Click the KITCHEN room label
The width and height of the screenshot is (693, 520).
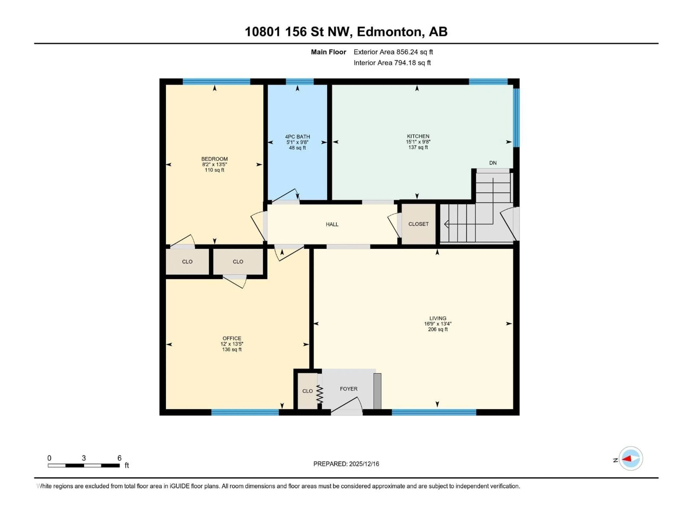tap(418, 136)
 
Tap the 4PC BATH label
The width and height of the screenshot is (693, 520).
tap(297, 137)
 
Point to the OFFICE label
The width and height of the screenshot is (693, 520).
tap(232, 338)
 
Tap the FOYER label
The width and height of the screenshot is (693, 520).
tap(348, 389)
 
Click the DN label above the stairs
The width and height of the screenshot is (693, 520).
tap(493, 163)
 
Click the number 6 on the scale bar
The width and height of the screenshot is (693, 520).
tap(119, 458)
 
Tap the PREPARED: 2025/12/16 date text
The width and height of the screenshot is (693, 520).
tap(346, 464)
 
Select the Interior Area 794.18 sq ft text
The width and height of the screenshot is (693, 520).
tap(392, 63)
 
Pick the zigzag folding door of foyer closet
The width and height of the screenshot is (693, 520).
tap(320, 394)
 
